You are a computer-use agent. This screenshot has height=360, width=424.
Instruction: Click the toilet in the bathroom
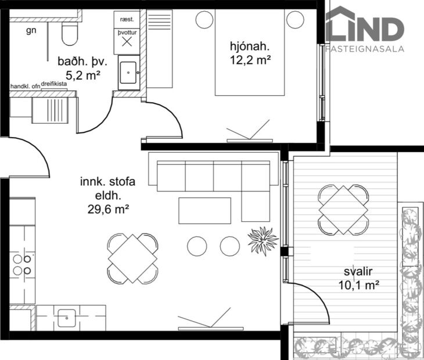tap(70, 34)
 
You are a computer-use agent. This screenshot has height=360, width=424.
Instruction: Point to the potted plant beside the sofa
tap(263, 240)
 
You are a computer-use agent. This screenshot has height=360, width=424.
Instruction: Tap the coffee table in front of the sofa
tap(204, 210)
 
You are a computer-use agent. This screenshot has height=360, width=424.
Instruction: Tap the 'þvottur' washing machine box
tap(127, 41)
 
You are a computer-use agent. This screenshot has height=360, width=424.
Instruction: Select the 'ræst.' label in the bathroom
tap(127, 19)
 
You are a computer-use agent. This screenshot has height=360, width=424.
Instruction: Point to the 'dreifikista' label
tap(54, 84)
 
